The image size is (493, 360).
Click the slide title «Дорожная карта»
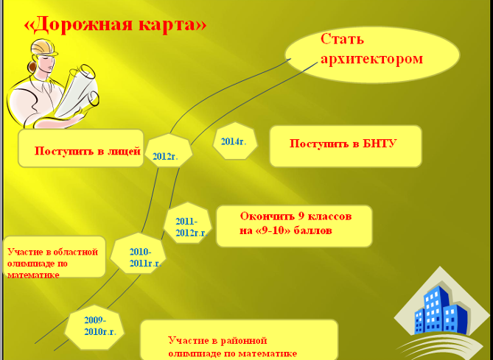tap(115, 24)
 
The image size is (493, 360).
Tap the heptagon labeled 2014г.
tap(235, 141)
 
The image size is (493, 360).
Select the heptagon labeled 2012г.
tap(169, 150)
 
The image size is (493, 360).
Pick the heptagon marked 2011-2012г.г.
tap(188, 223)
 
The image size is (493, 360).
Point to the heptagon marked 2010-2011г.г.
tap(138, 253)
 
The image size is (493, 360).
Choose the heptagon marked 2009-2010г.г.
tap(94, 328)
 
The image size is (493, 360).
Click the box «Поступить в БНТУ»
tap(346, 146)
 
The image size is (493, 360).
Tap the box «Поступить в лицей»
tap(81, 148)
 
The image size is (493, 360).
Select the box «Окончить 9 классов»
tap(294, 226)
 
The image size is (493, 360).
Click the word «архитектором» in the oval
tap(371, 59)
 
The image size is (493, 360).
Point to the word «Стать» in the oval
tap(342, 39)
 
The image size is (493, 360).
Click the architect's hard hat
tap(43, 48)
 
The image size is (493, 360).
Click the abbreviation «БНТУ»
tap(380, 144)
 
